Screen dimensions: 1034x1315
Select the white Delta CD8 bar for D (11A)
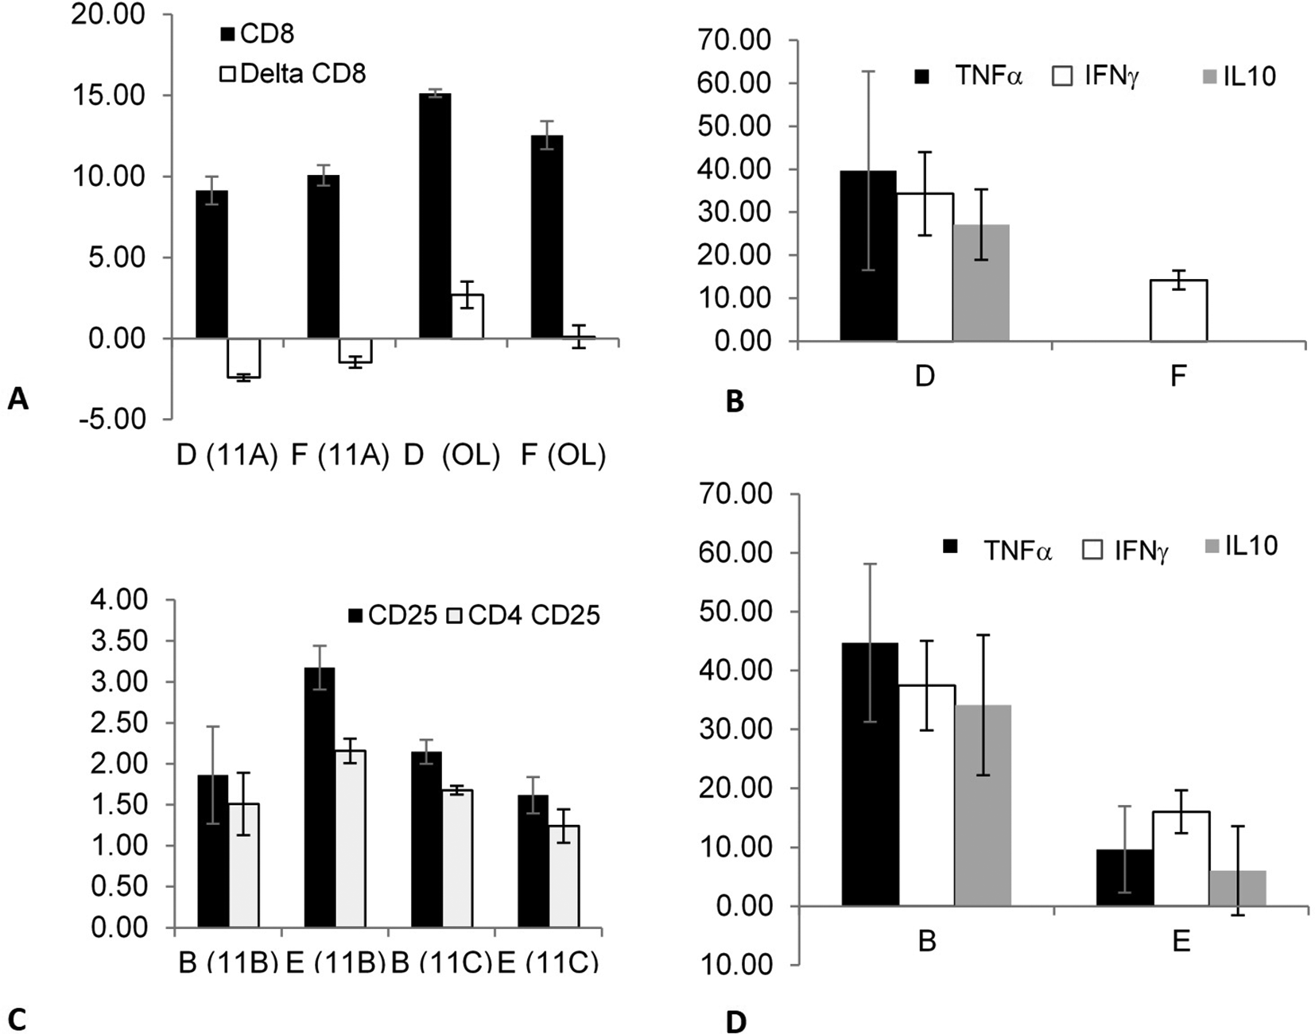243,358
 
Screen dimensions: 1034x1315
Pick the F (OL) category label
563,455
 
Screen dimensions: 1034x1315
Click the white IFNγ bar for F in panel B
1178,311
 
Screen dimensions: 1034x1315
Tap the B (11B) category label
227,962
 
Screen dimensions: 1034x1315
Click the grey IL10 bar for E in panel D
1237,888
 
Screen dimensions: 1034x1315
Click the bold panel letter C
17,1020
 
